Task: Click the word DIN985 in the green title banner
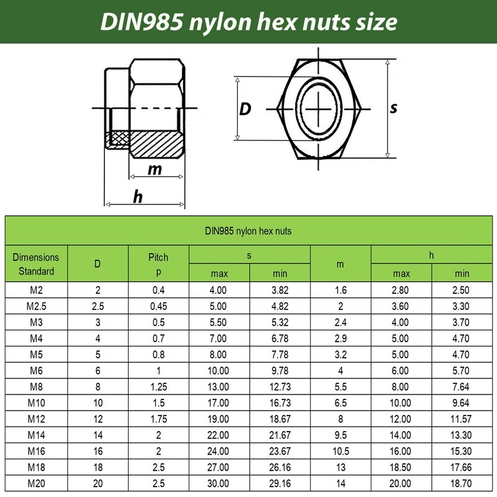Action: tap(142, 22)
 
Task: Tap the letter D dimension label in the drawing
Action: tap(245, 109)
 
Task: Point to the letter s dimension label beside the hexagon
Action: tap(393, 108)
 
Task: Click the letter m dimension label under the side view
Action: tap(155, 170)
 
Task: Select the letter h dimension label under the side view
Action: tap(138, 196)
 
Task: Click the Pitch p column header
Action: tap(158, 264)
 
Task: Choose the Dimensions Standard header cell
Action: tap(36, 264)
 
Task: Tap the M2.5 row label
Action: tap(37, 306)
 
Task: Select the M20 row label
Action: tap(37, 483)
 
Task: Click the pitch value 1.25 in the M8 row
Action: tap(158, 386)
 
